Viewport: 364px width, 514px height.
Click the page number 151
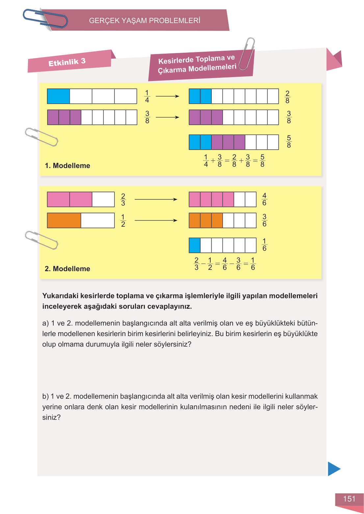(x=349, y=499)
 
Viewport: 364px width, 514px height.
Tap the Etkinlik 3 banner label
(x=67, y=62)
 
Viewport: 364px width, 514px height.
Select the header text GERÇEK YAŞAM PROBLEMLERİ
(x=144, y=21)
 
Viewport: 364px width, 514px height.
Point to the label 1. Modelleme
(x=67, y=166)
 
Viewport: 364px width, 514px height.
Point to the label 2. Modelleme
(x=67, y=269)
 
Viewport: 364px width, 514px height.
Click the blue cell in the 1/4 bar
(x=58, y=96)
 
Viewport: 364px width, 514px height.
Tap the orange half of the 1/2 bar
(x=64, y=220)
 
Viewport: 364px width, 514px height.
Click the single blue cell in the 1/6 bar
(x=195, y=245)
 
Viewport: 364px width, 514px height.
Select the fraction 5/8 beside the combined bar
(x=289, y=142)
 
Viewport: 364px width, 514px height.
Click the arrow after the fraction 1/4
(x=167, y=96)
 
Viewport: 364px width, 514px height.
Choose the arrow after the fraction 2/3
(x=156, y=199)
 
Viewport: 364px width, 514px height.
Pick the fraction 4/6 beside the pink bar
(x=264, y=199)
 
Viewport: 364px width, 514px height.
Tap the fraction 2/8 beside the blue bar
(x=287, y=97)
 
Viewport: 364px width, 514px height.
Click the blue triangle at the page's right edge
(x=334, y=469)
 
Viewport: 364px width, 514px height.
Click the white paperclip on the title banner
(x=247, y=53)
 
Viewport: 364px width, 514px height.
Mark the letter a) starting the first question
(x=45, y=323)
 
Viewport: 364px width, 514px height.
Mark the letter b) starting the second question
(x=45, y=396)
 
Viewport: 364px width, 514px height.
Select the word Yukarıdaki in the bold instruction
(x=60, y=296)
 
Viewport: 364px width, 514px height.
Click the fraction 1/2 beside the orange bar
(x=123, y=220)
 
